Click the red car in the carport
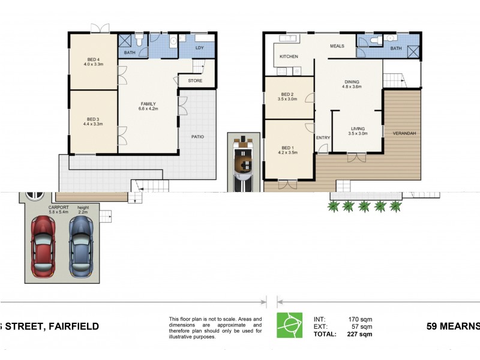coord(42,246)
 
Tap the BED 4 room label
coord(94,59)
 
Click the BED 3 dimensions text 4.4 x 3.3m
coord(93,124)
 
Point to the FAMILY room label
coord(148,103)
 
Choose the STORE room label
coord(194,81)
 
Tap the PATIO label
coord(197,137)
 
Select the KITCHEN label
coord(289,56)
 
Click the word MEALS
coord(337,46)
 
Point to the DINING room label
coord(352,82)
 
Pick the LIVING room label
coord(358,127)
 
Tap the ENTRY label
coord(323,138)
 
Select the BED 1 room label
coord(288,148)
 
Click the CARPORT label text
coord(58,207)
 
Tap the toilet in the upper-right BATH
coord(375,40)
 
